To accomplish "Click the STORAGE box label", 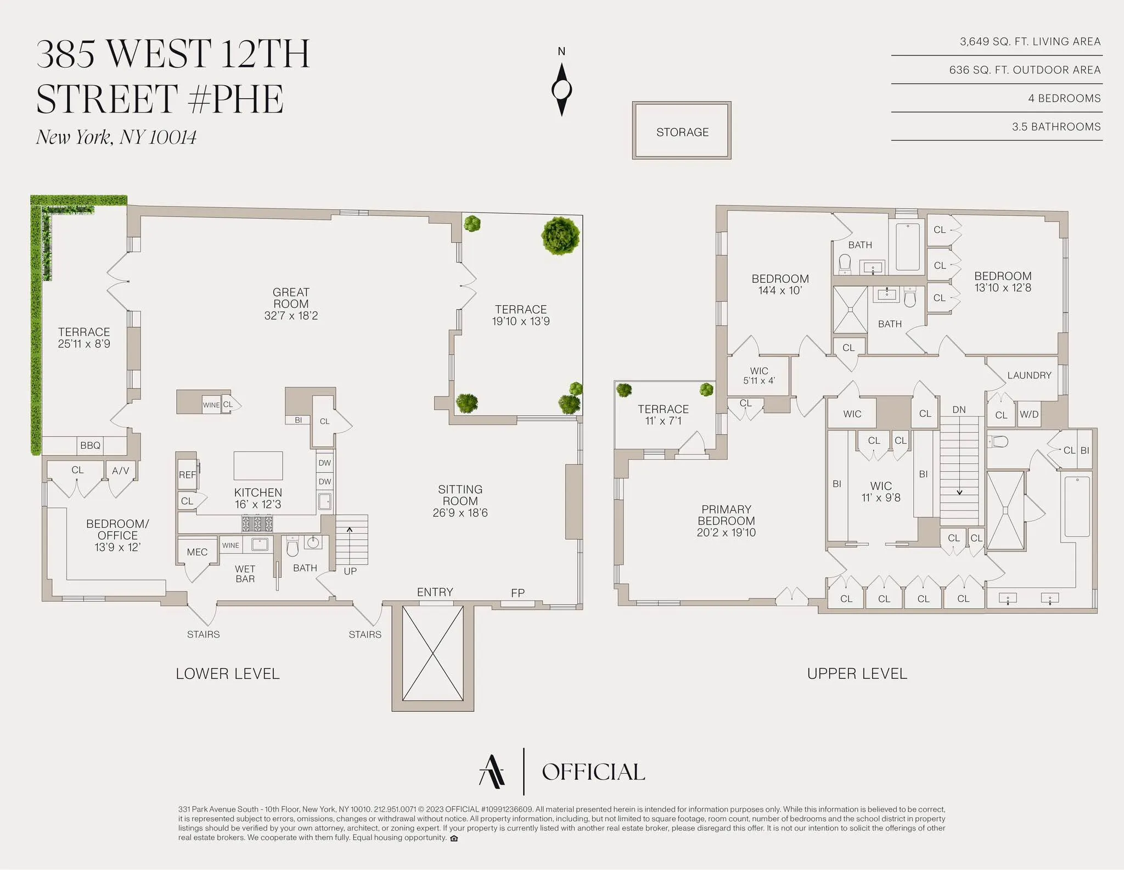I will (x=682, y=132).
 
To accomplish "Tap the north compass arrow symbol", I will (x=561, y=89).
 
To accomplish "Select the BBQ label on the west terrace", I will (x=90, y=445).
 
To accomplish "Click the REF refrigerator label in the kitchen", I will (x=187, y=475).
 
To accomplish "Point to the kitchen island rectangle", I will (x=258, y=466).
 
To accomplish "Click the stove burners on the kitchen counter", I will (x=257, y=523).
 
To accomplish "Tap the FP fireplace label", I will (x=518, y=593).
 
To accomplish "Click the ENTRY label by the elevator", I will (x=435, y=592).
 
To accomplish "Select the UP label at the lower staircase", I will (x=350, y=571).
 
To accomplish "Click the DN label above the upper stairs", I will (x=959, y=410).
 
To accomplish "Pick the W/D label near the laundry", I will (x=1029, y=415).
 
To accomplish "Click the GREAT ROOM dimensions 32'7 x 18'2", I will (x=291, y=316).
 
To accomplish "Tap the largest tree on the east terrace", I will (x=560, y=236).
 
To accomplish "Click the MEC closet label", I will (x=197, y=552).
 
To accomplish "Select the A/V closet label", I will (x=120, y=471).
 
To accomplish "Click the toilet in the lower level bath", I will (x=293, y=548).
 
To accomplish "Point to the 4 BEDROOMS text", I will (x=1064, y=98).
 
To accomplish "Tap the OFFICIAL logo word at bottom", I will (x=593, y=772).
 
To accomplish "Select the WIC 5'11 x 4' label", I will (x=759, y=376).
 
